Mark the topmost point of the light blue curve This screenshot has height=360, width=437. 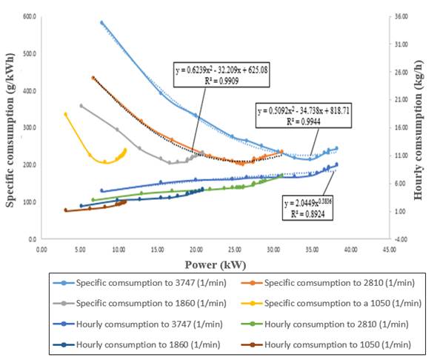tap(101, 23)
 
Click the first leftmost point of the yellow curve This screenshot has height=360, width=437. tap(66, 114)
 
